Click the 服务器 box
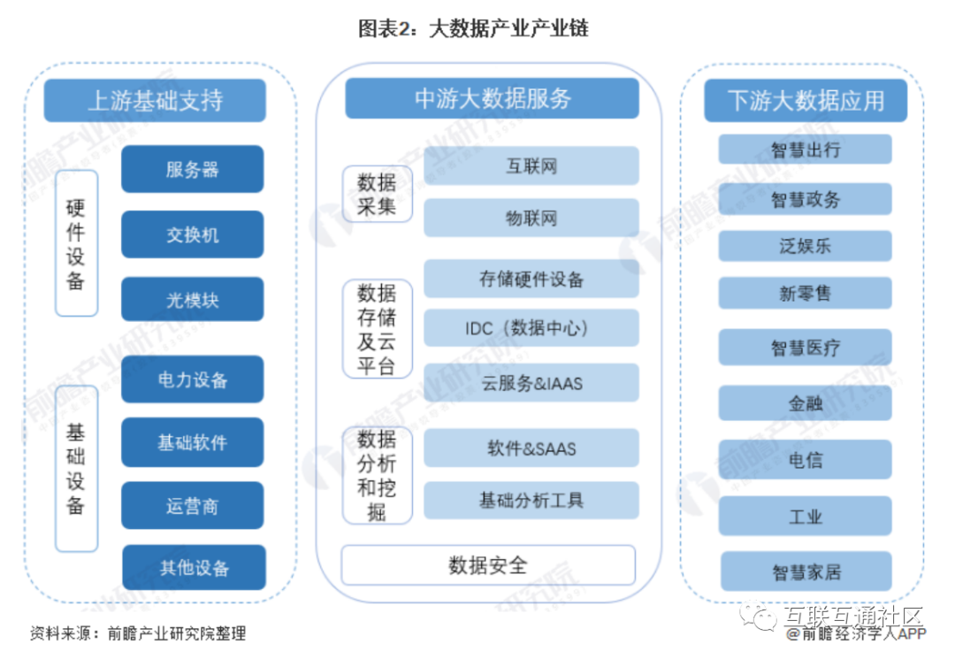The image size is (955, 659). coord(192,169)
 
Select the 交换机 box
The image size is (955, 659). coord(192,234)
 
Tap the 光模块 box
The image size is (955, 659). coord(192,300)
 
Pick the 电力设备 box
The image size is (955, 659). coord(192,379)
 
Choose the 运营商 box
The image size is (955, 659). coord(192,506)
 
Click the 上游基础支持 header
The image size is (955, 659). coord(155,100)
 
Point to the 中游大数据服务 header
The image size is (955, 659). coord(492,98)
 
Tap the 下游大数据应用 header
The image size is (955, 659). coord(805,100)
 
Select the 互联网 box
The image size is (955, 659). coord(531,166)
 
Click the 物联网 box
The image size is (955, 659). coord(531,218)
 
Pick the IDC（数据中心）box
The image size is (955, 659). coord(531,328)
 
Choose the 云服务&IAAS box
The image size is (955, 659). coord(531,383)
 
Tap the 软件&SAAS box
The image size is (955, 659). coord(531,448)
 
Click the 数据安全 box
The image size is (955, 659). coord(488,565)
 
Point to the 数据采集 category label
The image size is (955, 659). coord(377,194)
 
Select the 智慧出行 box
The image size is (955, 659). coord(805,149)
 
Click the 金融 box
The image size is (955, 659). coord(805,403)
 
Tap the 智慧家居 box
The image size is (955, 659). coord(805,571)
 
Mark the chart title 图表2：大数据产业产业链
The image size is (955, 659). coord(473,29)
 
